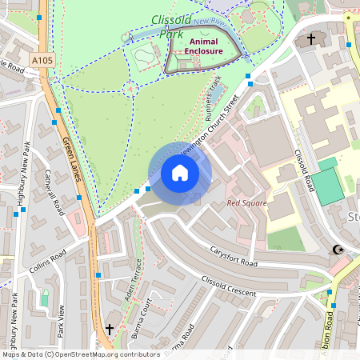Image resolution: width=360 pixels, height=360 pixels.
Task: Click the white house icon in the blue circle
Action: coord(180,173)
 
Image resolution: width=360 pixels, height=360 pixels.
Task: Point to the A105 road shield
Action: coord(45,58)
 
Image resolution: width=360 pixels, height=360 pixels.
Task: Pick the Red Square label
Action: coord(245,203)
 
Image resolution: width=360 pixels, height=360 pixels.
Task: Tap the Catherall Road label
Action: coord(55,194)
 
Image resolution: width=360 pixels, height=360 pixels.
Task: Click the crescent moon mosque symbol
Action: coord(338,250)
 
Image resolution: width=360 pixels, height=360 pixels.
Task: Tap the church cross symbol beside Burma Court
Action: coord(110,329)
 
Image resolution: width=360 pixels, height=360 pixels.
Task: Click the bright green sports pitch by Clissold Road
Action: coord(330,184)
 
